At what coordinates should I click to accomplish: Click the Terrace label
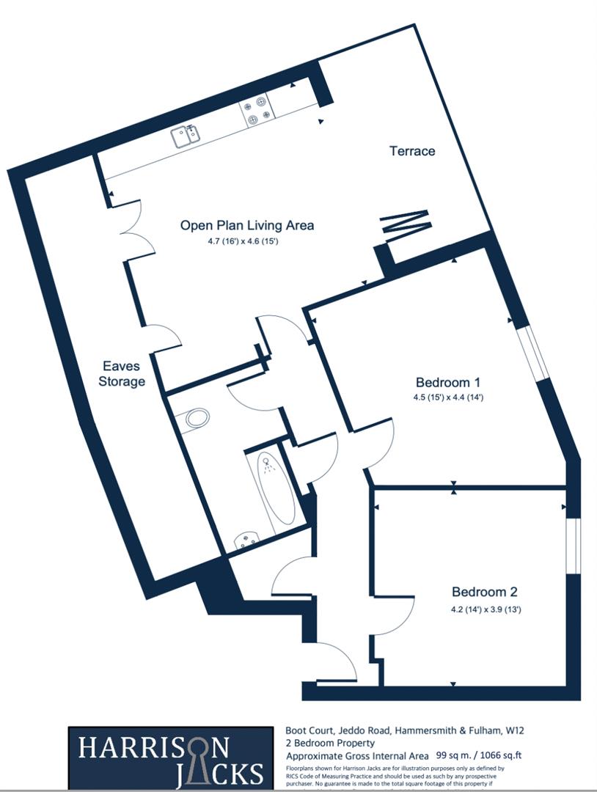click(411, 151)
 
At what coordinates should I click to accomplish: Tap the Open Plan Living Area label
click(247, 225)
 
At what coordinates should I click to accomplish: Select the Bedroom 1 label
click(447, 382)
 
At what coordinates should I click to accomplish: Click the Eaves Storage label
click(122, 373)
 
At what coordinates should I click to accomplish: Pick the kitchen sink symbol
click(185, 135)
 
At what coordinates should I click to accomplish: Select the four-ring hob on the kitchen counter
click(259, 110)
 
